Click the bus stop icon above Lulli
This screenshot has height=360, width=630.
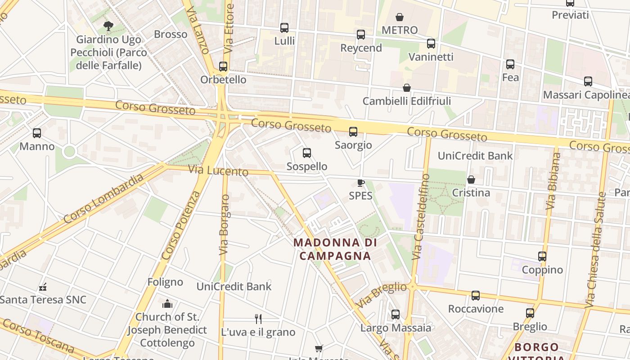[284, 28]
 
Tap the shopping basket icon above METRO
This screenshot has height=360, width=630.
[399, 18]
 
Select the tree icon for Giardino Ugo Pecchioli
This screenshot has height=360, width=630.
[108, 26]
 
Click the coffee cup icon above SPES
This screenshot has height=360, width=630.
[360, 182]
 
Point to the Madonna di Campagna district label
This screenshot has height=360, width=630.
[333, 249]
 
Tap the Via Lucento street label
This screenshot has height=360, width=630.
[218, 171]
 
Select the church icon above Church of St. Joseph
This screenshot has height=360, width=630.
[167, 304]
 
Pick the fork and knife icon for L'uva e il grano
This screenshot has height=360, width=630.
[258, 319]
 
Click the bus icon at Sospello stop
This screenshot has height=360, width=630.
[307, 153]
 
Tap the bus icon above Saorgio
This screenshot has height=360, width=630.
[353, 132]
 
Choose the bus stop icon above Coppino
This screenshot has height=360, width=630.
[542, 256]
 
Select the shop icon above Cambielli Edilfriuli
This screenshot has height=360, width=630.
[407, 88]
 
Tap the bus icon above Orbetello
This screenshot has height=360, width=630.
[223, 67]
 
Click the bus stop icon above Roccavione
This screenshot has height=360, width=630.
[476, 296]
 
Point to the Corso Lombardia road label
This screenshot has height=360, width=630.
[103, 198]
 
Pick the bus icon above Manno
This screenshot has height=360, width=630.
[37, 133]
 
